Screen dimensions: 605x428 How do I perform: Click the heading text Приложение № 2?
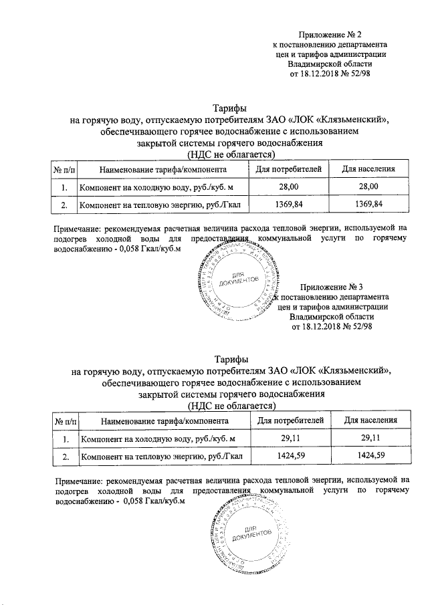(331, 34)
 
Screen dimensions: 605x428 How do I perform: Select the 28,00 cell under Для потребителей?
(292, 187)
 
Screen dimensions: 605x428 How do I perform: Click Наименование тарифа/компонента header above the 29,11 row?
(165, 421)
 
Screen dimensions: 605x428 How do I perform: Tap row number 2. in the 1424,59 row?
(66, 457)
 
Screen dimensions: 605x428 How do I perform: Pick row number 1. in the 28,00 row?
(64, 187)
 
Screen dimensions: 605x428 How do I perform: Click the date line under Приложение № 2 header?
(330, 74)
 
